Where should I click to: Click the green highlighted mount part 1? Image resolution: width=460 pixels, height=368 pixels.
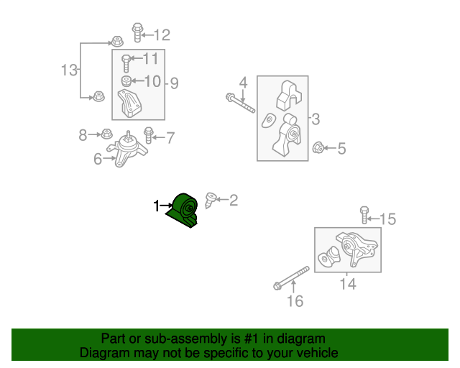(185, 211)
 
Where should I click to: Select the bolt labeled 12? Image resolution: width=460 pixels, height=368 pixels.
(137, 32)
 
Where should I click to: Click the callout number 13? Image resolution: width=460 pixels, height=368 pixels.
(68, 70)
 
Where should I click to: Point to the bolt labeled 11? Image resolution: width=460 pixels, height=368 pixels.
(126, 63)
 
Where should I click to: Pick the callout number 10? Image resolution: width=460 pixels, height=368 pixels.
(152, 81)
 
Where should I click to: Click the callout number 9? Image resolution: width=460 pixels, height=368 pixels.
(174, 83)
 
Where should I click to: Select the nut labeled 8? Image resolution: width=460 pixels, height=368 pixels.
(106, 134)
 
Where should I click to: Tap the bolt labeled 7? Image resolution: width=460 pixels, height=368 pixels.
(149, 134)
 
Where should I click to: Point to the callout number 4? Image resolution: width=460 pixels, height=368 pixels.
(243, 82)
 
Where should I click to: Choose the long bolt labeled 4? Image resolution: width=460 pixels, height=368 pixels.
(240, 102)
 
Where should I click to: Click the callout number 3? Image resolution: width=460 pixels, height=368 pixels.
(316, 119)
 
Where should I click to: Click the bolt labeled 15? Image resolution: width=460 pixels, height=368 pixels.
(364, 213)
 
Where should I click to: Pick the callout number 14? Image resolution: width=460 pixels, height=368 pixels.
(348, 284)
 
